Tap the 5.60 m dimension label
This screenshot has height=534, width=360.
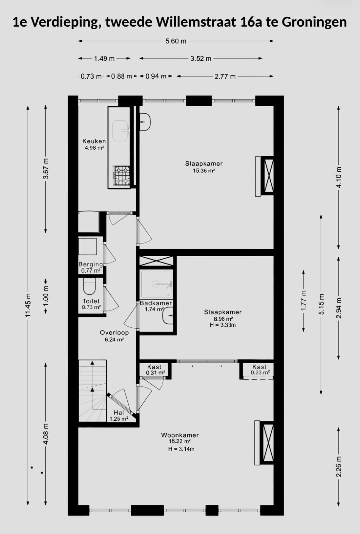tap(176, 41)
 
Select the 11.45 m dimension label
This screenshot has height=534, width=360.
tap(28, 305)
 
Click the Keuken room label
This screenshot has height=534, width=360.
tap(94, 141)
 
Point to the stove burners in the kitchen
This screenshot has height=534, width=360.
tap(121, 176)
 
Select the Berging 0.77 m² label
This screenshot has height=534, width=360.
tap(91, 267)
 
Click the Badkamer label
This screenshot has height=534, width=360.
tap(156, 303)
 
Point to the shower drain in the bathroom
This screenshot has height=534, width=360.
tap(156, 284)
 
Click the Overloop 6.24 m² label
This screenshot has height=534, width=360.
tap(114, 336)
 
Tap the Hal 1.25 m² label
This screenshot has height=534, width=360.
tap(119, 416)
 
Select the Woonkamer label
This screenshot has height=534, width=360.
tap(180, 435)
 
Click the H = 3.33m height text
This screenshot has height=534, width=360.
tap(223, 325)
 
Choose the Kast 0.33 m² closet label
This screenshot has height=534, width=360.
tap(260, 370)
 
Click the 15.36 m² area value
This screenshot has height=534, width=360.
tap(204, 171)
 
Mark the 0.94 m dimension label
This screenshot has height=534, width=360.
tap(156, 76)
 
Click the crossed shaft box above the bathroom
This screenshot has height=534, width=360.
tap(156, 261)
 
